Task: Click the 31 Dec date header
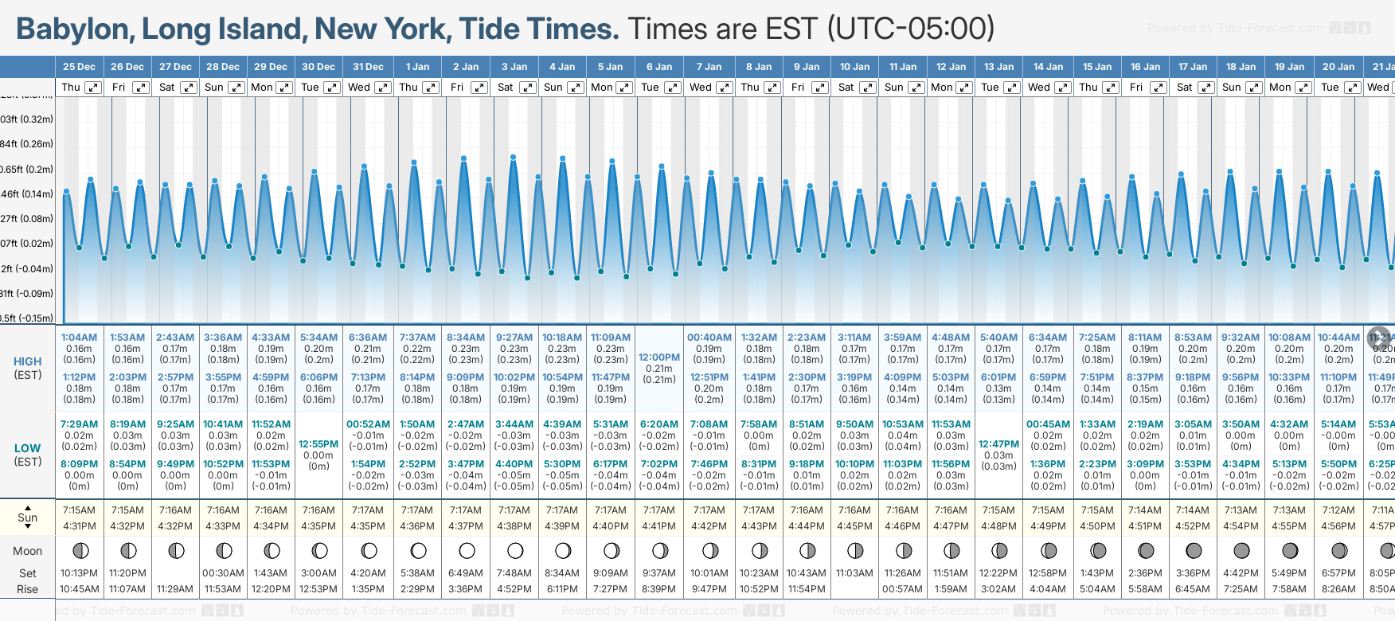(x=368, y=67)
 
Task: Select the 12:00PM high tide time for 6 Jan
(x=659, y=357)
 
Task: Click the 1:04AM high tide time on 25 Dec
(x=79, y=338)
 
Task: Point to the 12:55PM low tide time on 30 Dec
(x=318, y=444)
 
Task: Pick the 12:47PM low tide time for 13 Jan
(x=998, y=444)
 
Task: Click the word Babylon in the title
(x=73, y=29)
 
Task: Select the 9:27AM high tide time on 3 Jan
(x=514, y=338)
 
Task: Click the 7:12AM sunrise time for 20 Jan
(x=1338, y=510)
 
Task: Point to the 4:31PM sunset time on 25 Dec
(x=79, y=526)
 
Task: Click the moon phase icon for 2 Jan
(x=467, y=550)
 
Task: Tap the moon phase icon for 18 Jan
(x=1241, y=550)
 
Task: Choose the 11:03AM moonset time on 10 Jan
(x=854, y=573)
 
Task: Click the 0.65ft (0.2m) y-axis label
(x=27, y=170)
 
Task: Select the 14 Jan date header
(x=1048, y=67)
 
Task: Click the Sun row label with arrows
(x=28, y=517)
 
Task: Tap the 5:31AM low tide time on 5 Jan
(x=611, y=424)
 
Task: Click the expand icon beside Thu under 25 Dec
(x=93, y=88)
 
